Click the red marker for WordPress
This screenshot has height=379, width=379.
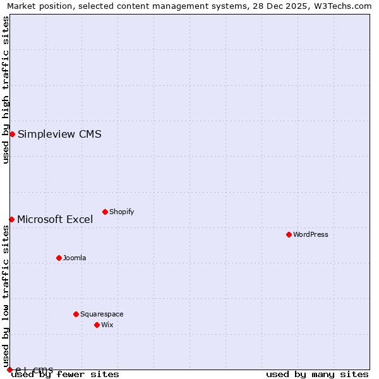(x=289, y=234)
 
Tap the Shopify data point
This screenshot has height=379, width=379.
(x=105, y=212)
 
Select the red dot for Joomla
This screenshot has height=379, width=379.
(x=59, y=258)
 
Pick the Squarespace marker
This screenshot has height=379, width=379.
(x=76, y=314)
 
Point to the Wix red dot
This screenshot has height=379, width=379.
(x=97, y=325)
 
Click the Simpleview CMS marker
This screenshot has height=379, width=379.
(x=12, y=134)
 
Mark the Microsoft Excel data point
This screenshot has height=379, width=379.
(x=11, y=219)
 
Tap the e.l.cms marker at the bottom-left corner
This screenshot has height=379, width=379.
(x=9, y=370)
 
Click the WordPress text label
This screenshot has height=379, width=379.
(x=310, y=234)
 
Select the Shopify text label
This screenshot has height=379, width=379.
(x=121, y=212)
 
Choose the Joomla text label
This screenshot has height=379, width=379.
(x=75, y=258)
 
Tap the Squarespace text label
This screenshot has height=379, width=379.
(x=102, y=314)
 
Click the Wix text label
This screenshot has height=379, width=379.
(x=107, y=325)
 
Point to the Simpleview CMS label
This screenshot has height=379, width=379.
(x=59, y=134)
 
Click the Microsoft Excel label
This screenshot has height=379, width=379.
(x=55, y=219)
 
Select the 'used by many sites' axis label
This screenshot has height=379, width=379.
(x=316, y=374)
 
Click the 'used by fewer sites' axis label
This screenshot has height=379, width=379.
(x=66, y=374)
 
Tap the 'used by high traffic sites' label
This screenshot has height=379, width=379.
(x=6, y=90)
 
